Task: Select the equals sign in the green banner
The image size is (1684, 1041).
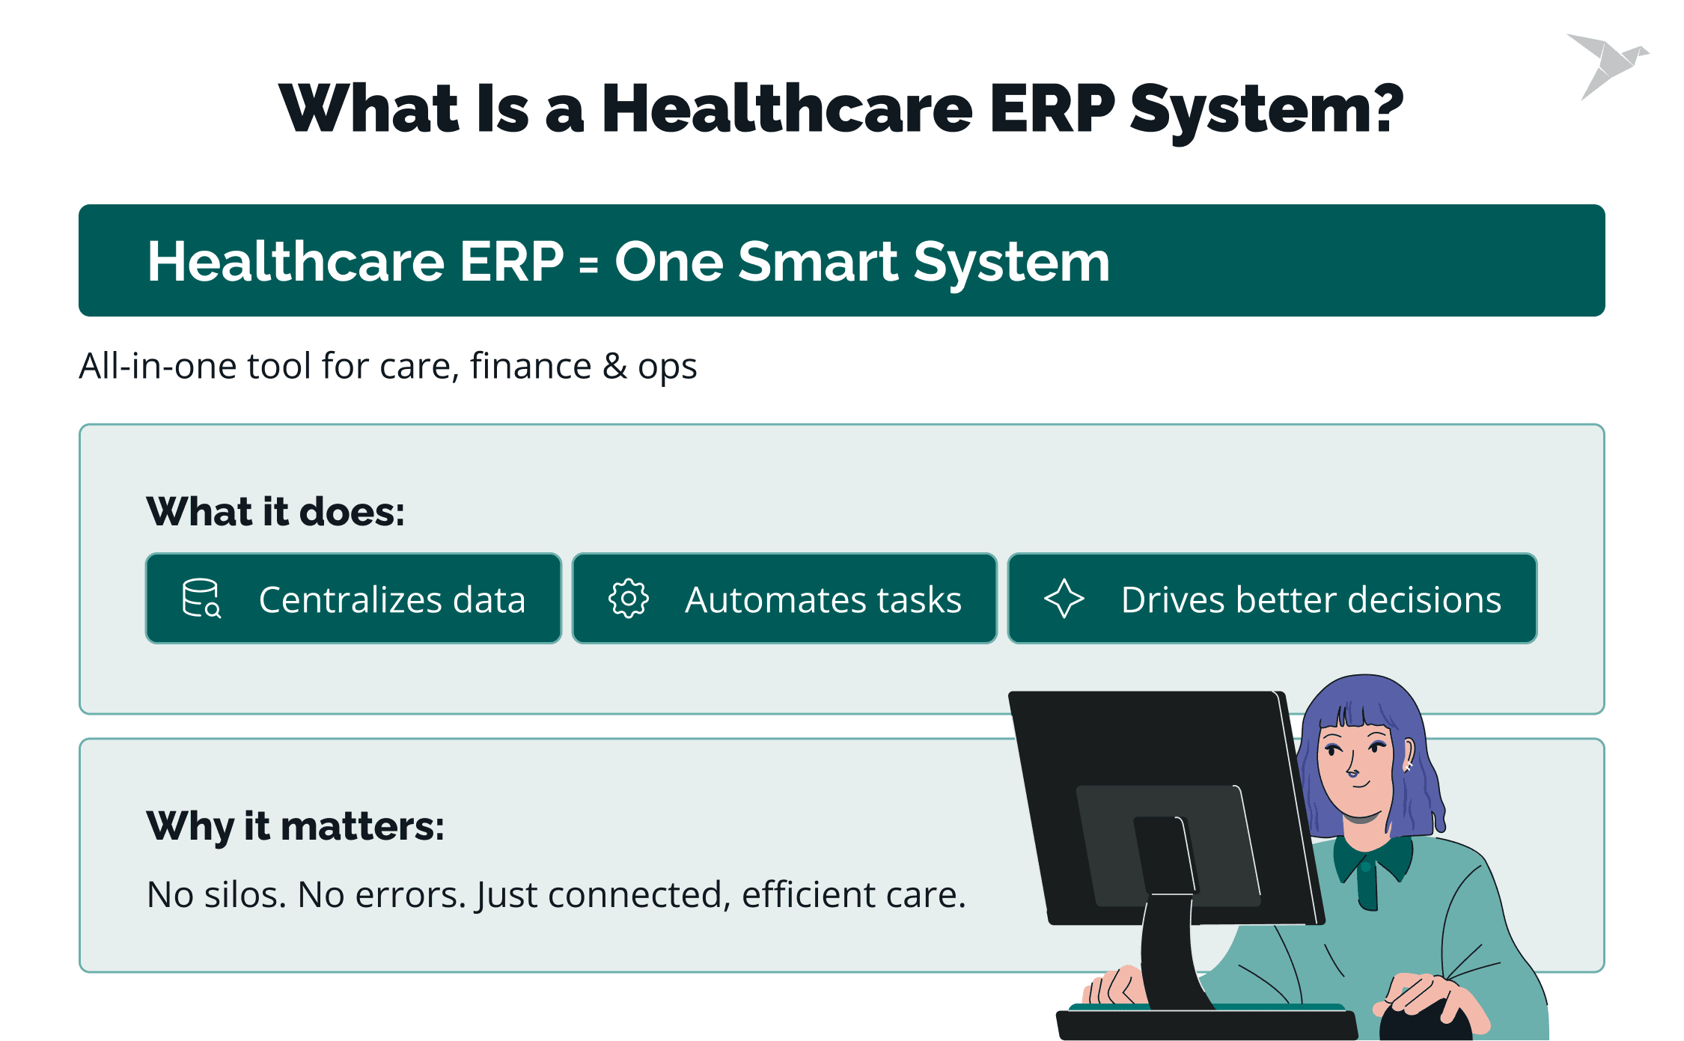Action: point(589,264)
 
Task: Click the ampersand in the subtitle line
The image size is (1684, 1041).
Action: point(615,366)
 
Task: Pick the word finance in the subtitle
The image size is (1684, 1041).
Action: point(531,366)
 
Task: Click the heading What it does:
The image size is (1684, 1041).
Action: point(275,512)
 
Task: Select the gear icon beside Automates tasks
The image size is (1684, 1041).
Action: point(629,599)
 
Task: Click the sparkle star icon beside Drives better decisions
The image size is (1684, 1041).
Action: point(1064,599)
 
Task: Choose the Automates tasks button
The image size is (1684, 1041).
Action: point(784,599)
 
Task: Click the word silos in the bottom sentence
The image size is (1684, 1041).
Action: point(245,895)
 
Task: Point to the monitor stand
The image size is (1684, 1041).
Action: point(1168,950)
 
